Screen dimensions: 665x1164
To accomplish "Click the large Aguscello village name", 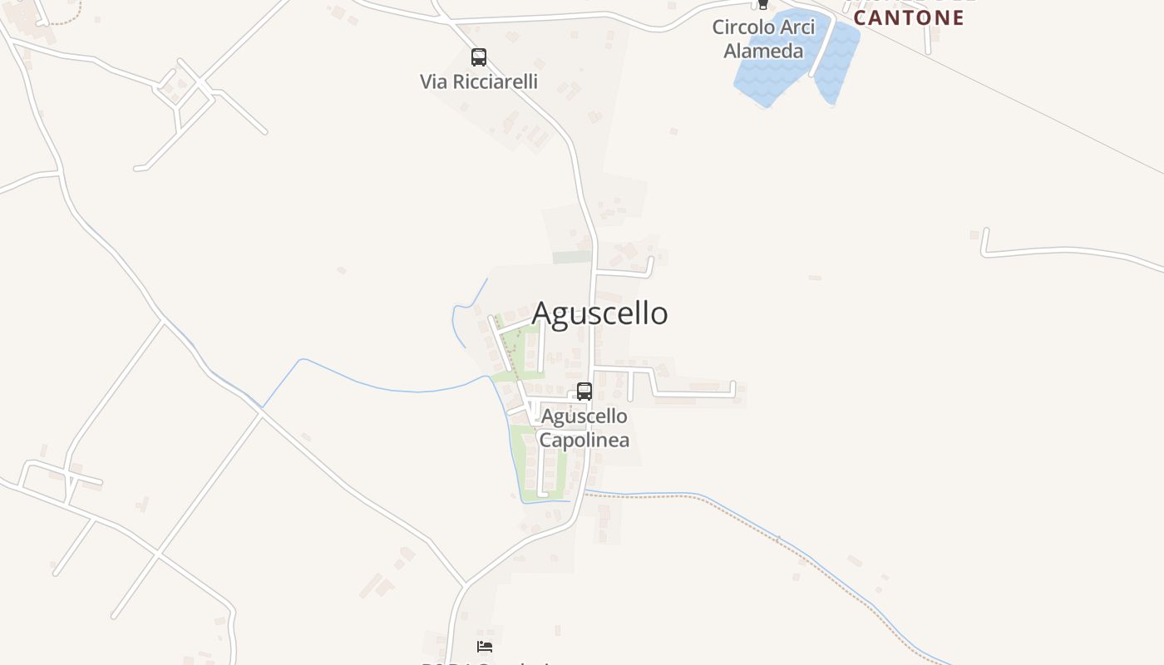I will [599, 313].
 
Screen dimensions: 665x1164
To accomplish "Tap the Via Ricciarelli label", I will [478, 81].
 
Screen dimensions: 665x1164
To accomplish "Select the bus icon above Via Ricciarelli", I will [479, 57].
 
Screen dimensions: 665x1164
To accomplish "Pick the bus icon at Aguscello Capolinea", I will [584, 392].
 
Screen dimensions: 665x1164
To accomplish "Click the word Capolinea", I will [584, 440].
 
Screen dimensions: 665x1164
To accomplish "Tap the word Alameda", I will [763, 51].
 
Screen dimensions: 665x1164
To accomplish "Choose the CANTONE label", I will [909, 17].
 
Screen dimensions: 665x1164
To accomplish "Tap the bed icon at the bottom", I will [485, 647].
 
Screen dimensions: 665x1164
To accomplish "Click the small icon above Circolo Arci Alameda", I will [762, 5].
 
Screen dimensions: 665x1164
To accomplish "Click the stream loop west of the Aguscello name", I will [457, 320].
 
